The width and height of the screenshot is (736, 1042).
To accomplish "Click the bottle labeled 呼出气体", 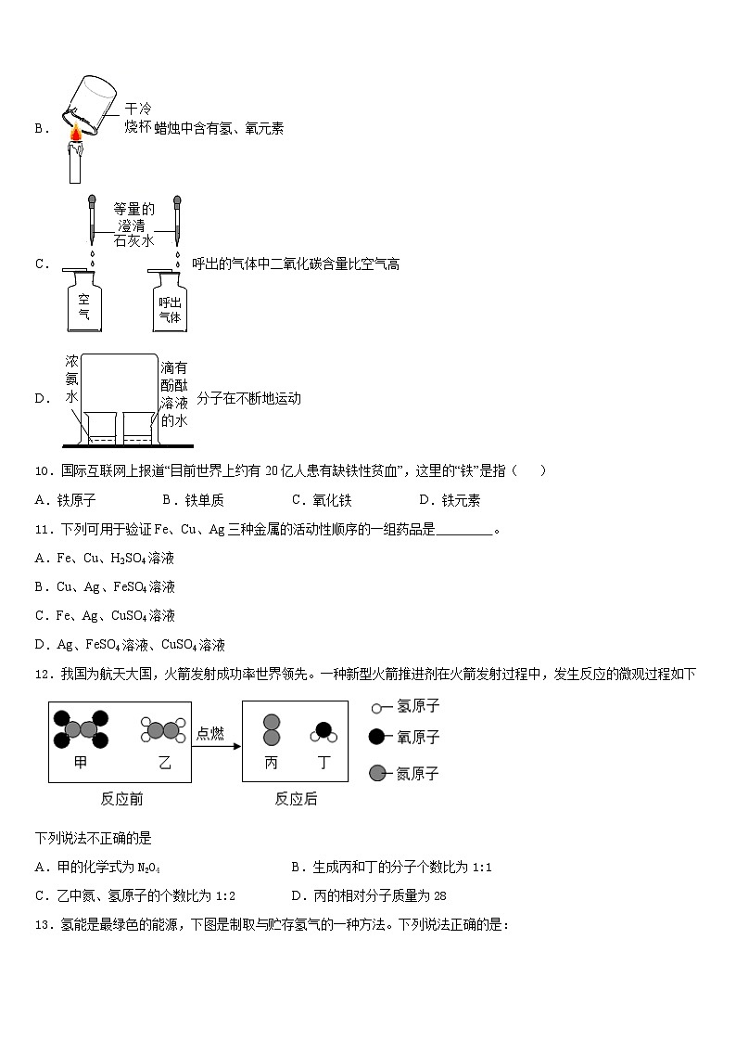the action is [169, 301].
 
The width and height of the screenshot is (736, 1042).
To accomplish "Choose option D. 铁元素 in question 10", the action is [450, 500].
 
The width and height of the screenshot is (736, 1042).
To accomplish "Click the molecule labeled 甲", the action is [80, 729].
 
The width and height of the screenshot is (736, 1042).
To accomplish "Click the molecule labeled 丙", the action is [272, 730].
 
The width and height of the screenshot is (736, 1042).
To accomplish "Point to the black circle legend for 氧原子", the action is [376, 737].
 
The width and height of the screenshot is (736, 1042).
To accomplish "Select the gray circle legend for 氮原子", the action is [376, 773].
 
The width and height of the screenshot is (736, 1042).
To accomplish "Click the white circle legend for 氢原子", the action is [376, 707].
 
